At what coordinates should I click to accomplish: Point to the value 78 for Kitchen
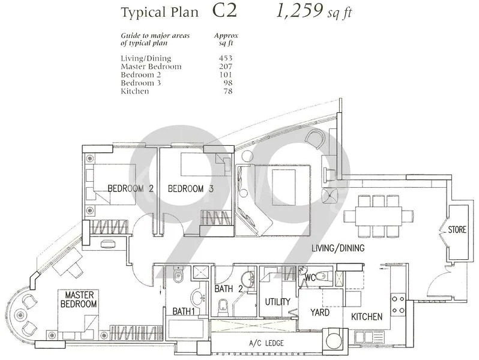click(227, 91)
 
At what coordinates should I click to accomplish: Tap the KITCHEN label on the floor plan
click(367, 316)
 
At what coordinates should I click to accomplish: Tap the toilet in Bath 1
click(178, 277)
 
